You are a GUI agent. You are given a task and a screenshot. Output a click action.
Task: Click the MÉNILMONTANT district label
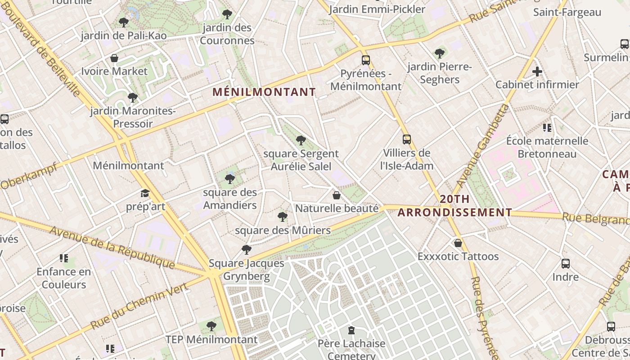264,92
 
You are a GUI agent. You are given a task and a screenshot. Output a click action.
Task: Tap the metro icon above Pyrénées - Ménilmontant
366,60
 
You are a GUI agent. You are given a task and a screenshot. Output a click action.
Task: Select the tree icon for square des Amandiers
230,179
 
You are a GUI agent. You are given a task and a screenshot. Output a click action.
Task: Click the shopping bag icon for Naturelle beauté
336,195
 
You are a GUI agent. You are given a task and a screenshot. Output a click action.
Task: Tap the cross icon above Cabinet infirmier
537,72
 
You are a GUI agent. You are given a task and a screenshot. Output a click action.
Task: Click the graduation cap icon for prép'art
145,193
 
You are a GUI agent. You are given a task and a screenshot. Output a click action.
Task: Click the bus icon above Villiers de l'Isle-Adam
407,139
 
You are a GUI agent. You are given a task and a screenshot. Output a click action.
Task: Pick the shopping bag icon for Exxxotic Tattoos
458,243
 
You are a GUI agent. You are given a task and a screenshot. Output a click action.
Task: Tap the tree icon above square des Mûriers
283,217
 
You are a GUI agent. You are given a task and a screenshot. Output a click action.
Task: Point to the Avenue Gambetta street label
482,146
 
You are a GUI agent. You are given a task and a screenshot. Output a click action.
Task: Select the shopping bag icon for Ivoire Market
114,58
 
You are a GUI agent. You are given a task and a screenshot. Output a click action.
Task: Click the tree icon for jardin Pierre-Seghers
440,54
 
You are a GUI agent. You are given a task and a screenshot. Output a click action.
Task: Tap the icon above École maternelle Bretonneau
547,128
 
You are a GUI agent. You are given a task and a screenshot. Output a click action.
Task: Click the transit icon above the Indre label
566,264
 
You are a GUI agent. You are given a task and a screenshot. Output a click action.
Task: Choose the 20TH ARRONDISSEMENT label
455,206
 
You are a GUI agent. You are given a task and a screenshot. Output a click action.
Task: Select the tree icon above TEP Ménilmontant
211,326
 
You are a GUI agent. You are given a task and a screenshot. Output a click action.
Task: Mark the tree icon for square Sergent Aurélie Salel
301,140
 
